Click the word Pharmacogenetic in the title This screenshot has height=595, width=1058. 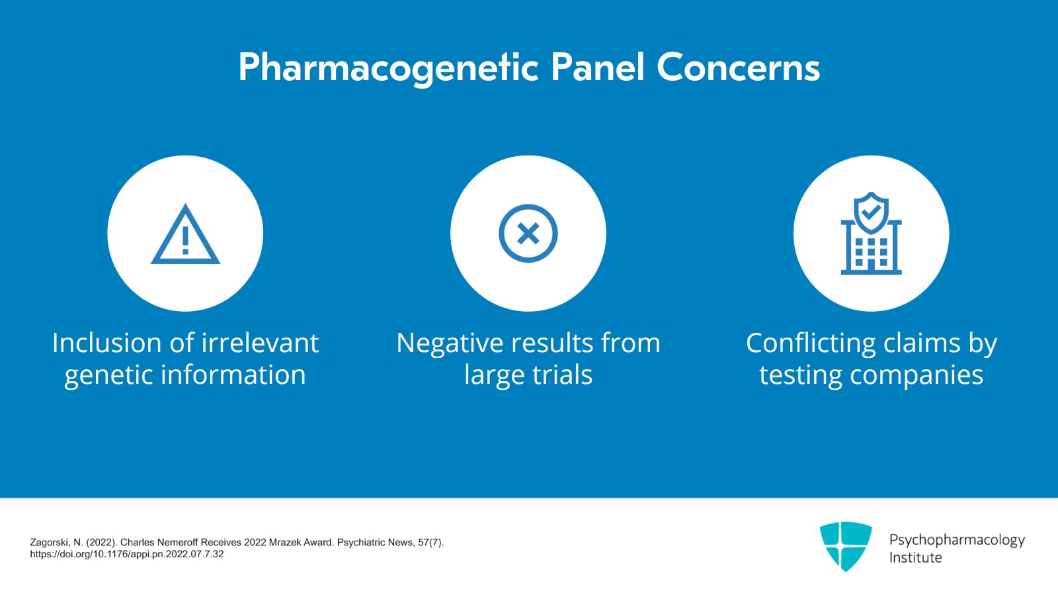388,68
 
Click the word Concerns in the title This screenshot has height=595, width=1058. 738,68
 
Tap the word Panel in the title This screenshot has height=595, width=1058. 597,68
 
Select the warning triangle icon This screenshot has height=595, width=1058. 185,235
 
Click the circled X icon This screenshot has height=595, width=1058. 528,234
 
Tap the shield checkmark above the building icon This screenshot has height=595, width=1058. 871,212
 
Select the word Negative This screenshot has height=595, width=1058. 450,343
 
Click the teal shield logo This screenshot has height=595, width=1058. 845,545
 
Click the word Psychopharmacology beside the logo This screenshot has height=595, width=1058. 956,539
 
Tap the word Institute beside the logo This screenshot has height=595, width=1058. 915,558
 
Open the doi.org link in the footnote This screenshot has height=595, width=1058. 127,555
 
